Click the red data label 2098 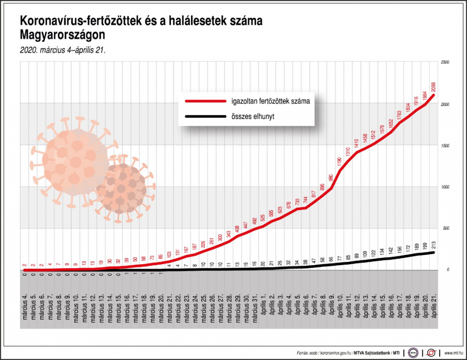point(433,87)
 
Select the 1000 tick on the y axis point(445,187)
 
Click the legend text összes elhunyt point(251,117)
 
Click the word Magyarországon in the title point(62,35)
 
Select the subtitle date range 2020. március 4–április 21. point(62,50)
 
